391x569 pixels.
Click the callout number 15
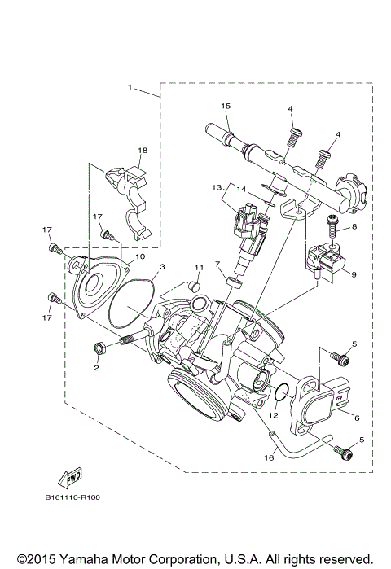(226, 107)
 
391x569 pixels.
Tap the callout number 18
(143, 151)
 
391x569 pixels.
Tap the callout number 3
(162, 267)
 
